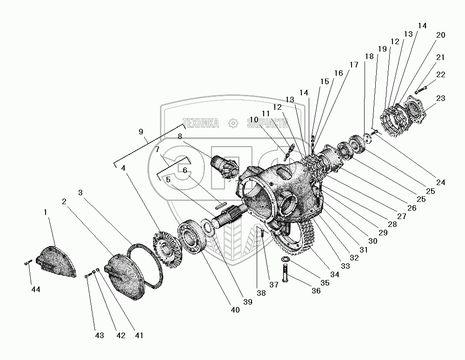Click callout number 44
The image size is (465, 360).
(36, 289)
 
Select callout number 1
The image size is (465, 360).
(46, 212)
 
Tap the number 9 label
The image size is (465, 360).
(141, 132)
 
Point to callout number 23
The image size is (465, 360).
(441, 98)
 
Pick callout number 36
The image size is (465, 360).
(316, 291)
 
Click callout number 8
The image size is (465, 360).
(179, 136)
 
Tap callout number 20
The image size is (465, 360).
(441, 35)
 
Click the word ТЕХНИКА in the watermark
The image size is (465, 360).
(202, 123)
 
